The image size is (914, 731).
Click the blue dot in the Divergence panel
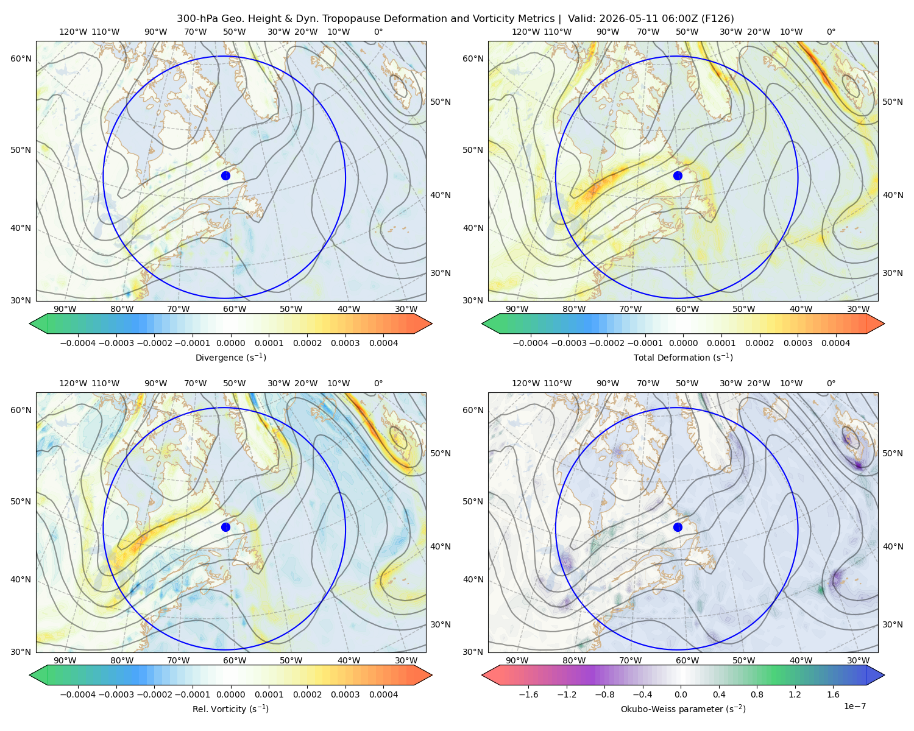coord(225,175)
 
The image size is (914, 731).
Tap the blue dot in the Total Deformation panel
coord(678,175)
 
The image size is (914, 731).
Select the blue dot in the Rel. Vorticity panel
coord(225,527)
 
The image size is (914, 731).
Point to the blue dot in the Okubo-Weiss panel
coord(678,527)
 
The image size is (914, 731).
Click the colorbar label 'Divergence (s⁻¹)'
coord(230,357)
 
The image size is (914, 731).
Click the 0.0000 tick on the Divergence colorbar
coord(230,343)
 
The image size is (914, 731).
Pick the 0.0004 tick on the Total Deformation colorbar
coord(835,343)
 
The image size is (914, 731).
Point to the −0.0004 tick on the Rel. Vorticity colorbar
coord(78,694)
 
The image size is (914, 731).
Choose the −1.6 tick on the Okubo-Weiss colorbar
coord(528,694)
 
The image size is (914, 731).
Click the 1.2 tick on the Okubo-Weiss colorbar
coord(795,694)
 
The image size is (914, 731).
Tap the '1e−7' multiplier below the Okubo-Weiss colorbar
coord(854,706)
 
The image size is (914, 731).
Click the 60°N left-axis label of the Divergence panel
coord(21,58)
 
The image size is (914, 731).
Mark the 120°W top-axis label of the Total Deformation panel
coord(525,32)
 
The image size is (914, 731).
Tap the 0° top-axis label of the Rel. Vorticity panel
coord(378,383)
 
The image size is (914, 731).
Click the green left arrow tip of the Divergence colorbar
coord(30,323)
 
